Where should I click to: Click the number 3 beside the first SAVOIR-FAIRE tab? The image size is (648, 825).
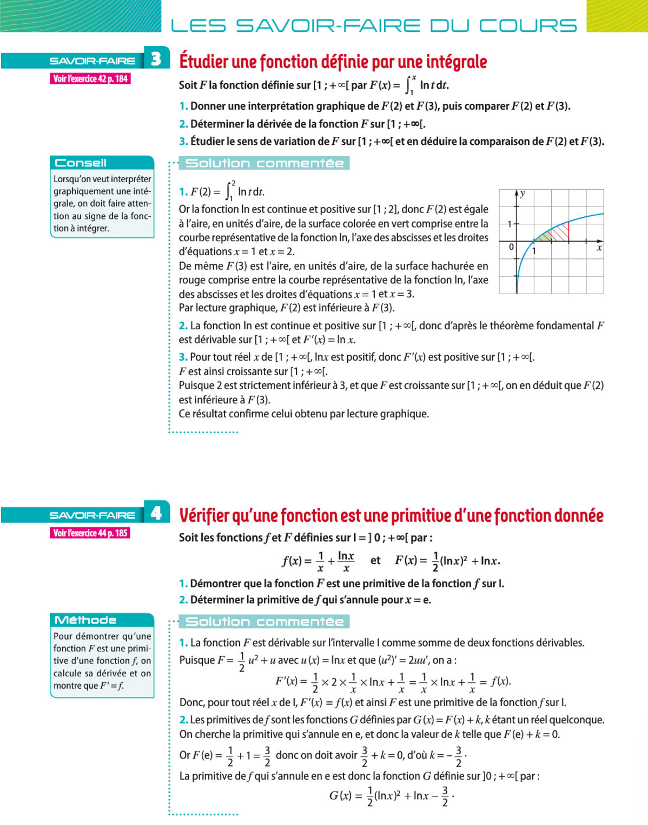pyautogui.click(x=156, y=58)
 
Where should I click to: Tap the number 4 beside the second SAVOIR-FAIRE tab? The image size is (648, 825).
pyautogui.click(x=156, y=513)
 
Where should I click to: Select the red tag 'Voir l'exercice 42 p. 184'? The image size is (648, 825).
pyautogui.click(x=90, y=79)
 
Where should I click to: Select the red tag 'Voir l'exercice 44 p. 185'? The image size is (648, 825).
pyautogui.click(x=90, y=533)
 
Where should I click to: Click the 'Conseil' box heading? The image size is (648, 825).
pyautogui.click(x=81, y=163)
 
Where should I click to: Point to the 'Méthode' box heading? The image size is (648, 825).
pyautogui.click(x=85, y=620)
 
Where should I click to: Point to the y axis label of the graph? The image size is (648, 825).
pyautogui.click(x=523, y=194)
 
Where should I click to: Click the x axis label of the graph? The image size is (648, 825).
pyautogui.click(x=599, y=248)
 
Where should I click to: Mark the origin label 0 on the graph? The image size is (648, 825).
pyautogui.click(x=511, y=247)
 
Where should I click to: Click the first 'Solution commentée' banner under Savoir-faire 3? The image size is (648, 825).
pyautogui.click(x=265, y=163)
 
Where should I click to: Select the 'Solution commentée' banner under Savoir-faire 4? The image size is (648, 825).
pyautogui.click(x=265, y=622)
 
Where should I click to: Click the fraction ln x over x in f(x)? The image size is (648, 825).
pyautogui.click(x=346, y=561)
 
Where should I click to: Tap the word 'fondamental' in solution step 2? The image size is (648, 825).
pyautogui.click(x=566, y=325)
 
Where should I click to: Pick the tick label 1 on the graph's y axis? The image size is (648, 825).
pyautogui.click(x=510, y=224)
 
